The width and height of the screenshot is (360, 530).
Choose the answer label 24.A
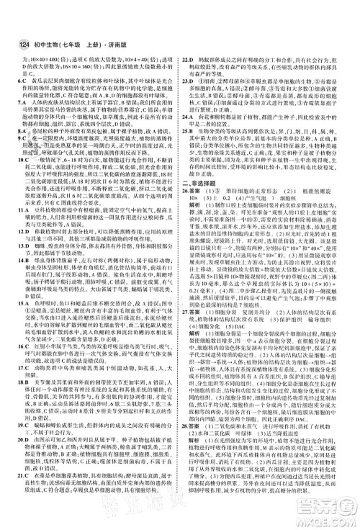point(189,117)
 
